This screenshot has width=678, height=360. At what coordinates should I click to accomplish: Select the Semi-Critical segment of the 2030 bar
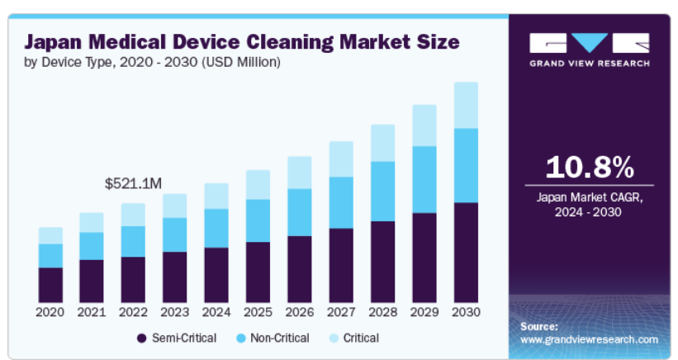click(466, 252)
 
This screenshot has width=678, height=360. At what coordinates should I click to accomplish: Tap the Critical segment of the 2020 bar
click(50, 235)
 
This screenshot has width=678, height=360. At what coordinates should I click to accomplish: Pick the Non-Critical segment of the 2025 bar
click(258, 220)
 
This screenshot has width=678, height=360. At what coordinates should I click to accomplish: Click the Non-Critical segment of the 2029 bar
click(424, 179)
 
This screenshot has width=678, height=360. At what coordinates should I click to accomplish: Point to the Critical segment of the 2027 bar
click(341, 159)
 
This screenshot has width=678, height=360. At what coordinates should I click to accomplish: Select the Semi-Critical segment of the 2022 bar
click(133, 279)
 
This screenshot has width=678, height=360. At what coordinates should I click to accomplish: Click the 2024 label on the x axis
click(216, 312)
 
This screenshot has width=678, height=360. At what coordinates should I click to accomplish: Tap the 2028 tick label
click(382, 312)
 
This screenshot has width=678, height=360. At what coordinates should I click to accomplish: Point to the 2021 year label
click(92, 312)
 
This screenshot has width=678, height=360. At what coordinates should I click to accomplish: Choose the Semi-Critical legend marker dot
click(141, 339)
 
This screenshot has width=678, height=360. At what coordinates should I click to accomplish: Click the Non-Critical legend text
click(279, 338)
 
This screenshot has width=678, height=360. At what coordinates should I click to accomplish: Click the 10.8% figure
click(590, 168)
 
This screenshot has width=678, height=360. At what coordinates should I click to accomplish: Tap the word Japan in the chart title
click(55, 42)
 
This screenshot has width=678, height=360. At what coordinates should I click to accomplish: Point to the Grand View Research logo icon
click(590, 42)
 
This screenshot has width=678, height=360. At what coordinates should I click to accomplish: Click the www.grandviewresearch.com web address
click(589, 339)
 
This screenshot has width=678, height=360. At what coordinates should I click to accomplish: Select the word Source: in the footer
click(539, 327)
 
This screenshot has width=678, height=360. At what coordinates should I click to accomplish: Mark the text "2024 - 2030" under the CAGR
click(590, 212)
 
